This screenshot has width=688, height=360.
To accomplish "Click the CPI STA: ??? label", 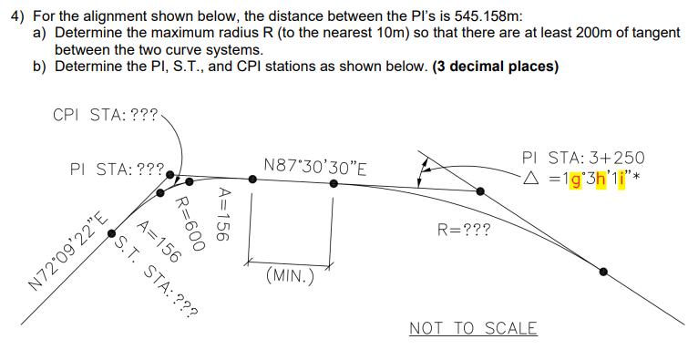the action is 106,116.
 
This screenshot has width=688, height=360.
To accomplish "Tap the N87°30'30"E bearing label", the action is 314,166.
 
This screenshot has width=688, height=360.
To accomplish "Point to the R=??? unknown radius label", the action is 464,231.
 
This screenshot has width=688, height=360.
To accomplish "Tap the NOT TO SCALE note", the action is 473,328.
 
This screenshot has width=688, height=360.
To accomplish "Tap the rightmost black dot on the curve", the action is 604,271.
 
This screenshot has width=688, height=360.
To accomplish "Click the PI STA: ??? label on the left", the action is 116,169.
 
